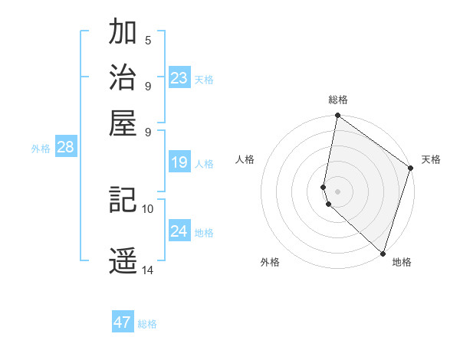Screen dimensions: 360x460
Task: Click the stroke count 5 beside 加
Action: click(x=148, y=41)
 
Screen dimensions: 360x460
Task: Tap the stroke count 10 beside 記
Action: click(x=148, y=208)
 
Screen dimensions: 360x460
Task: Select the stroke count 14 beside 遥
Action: click(x=148, y=270)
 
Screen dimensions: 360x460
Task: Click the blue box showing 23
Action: click(x=179, y=77)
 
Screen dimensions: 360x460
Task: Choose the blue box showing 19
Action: click(x=179, y=162)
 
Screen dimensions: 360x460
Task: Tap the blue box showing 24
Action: click(x=179, y=231)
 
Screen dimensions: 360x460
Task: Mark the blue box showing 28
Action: click(x=65, y=147)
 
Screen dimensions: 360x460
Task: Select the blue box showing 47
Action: click(x=123, y=322)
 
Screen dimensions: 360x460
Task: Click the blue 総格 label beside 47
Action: click(x=147, y=324)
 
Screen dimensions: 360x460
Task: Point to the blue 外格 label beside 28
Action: click(x=41, y=149)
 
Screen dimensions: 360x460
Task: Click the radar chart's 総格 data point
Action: click(x=337, y=116)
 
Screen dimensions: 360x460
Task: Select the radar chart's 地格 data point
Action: click(x=383, y=254)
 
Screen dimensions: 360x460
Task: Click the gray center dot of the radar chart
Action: click(x=337, y=191)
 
